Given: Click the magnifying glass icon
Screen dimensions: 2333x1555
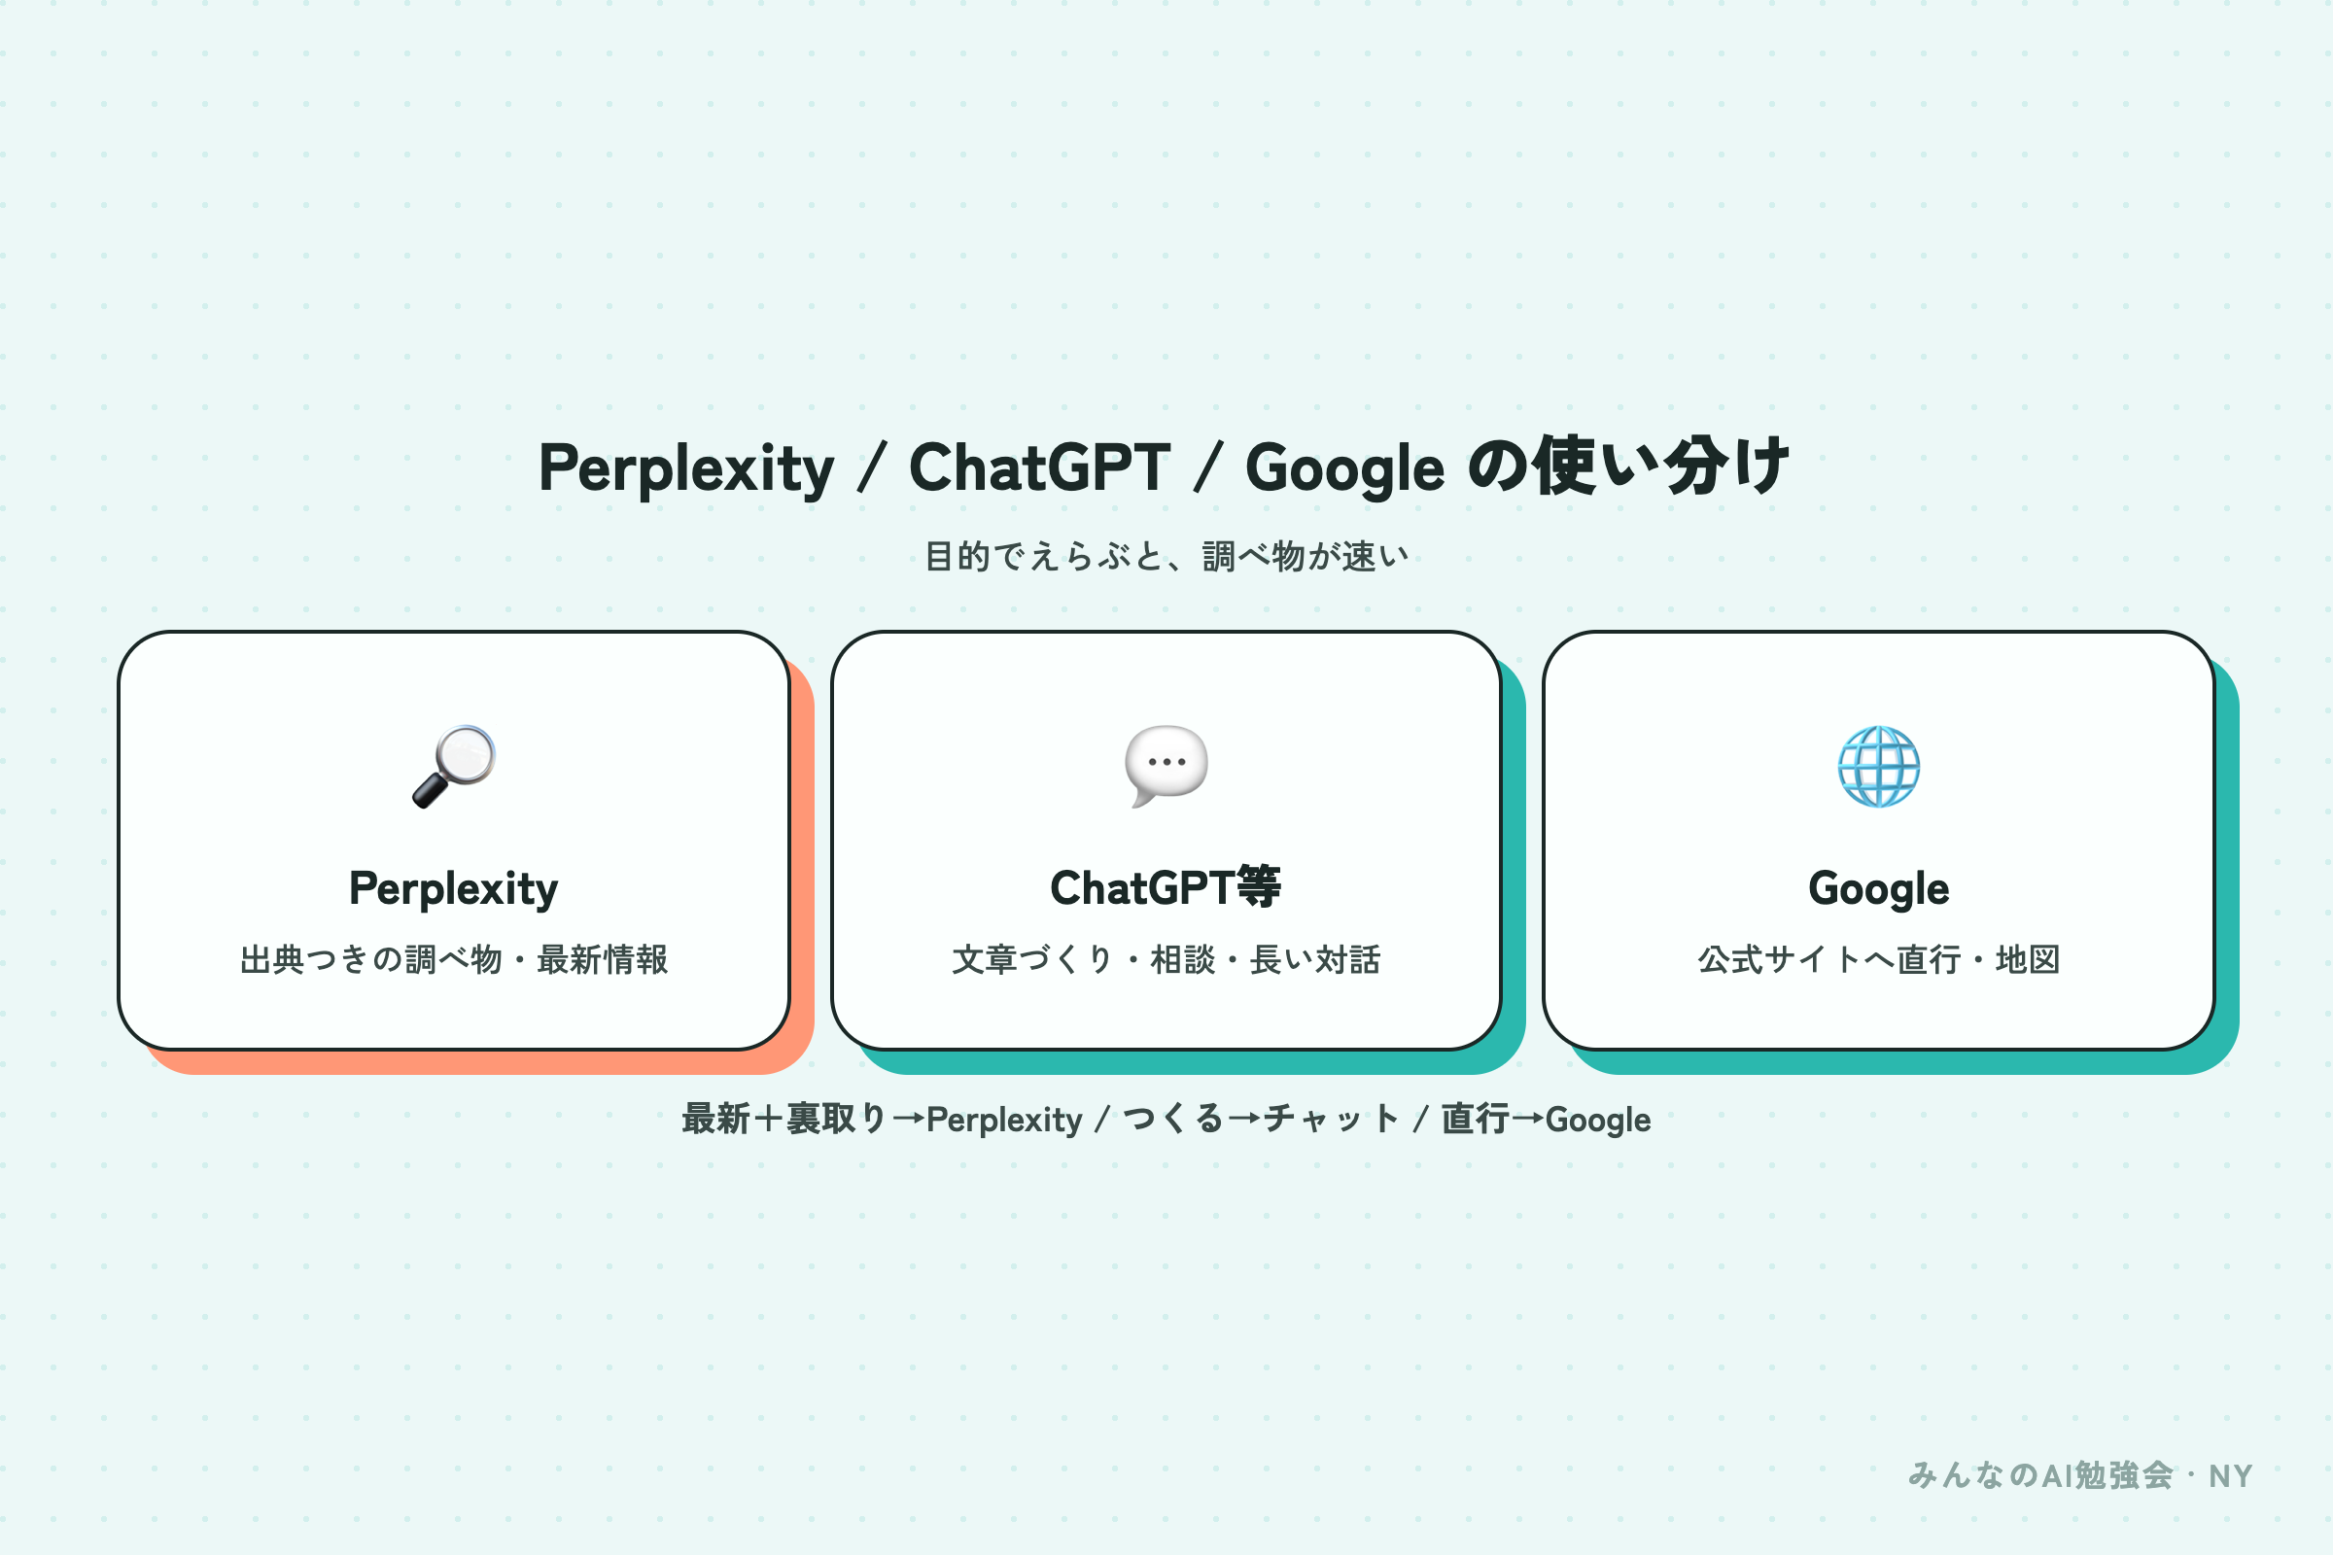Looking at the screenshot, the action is point(453,767).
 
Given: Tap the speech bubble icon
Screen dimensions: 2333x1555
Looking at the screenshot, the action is point(1166,766).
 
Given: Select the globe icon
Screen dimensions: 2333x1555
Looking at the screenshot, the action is point(1879,767).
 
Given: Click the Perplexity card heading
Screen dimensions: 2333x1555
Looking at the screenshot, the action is point(453,888).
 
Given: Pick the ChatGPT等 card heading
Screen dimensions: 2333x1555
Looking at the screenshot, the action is point(1166,886).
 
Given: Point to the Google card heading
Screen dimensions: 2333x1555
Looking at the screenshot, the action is point(1879,888).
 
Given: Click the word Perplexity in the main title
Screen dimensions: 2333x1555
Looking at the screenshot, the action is point(686,468).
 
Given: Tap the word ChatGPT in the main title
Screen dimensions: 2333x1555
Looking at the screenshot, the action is point(1039,467).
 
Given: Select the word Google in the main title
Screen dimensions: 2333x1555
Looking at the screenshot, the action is point(1345,469).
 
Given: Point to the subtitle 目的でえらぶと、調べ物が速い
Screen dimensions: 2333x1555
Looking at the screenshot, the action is point(1166,556).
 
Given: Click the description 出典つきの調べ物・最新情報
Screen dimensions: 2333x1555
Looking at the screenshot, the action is point(454,959).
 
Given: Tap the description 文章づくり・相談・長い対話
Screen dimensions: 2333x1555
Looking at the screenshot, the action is point(1166,959).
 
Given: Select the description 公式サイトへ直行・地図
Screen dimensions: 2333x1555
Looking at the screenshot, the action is point(1879,959).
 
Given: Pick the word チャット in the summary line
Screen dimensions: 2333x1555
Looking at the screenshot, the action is point(1331,1119).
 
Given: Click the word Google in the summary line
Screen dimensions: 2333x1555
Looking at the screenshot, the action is point(1598,1121).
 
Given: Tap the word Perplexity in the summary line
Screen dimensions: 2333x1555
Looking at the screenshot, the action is point(1004,1121).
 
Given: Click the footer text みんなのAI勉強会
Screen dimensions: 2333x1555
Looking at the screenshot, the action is point(2040,1475).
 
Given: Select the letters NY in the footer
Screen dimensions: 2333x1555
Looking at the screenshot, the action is point(2230,1476).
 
